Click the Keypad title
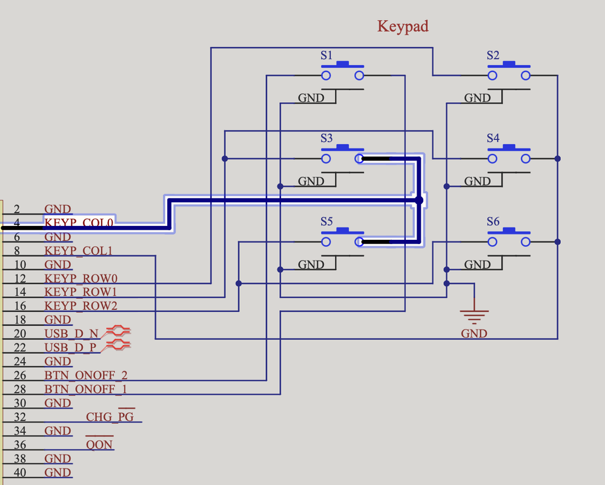403,27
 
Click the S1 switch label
326,56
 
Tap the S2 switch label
493,56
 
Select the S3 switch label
326,139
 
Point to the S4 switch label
493,139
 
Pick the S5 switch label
326,222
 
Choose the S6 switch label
493,222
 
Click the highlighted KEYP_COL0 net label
79,223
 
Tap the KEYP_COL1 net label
79,251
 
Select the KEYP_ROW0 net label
81,279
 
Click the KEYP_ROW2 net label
81,306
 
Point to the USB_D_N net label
71,334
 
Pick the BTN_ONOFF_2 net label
86,375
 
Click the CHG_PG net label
110,417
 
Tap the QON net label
99,445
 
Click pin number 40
20,473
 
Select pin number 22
20,348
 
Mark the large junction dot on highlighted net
418,200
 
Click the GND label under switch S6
477,265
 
